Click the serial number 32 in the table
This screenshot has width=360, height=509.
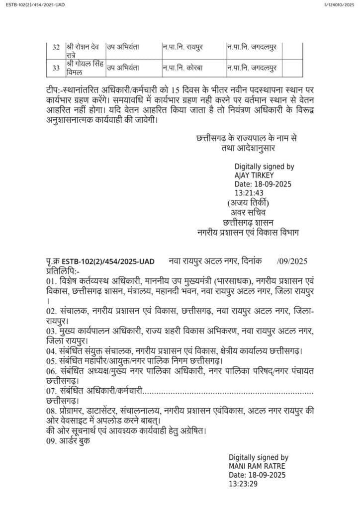56,47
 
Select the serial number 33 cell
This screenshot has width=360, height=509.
56,67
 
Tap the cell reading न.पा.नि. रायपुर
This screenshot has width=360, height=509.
182,47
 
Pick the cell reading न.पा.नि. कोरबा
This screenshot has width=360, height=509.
181,67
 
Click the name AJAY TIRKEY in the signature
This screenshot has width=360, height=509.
254,175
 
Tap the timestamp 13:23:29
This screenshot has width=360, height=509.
243,483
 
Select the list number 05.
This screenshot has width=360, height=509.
50,360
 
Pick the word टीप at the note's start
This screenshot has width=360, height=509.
50,89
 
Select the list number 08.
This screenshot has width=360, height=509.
50,411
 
